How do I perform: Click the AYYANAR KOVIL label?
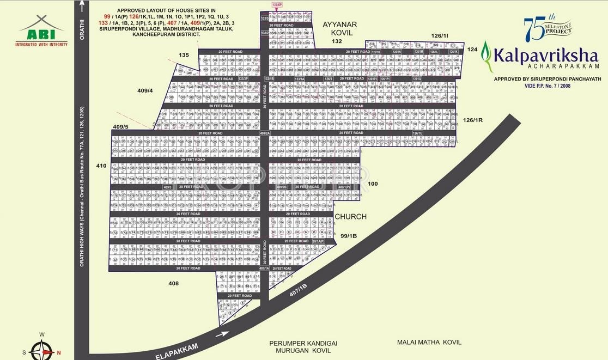339,28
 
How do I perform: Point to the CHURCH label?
350,217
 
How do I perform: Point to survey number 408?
173,283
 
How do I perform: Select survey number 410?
101,166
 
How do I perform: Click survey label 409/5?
120,127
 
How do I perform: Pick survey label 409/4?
145,91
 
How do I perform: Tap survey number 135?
184,54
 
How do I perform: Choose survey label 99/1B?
348,236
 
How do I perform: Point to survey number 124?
472,50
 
